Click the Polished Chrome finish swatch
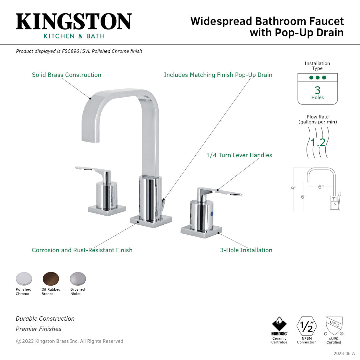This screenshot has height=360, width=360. click(24, 279)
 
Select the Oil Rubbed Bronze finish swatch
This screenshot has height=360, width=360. click(51, 279)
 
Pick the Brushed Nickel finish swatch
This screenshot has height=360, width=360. click(77, 279)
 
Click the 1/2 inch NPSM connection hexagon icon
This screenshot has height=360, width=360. click(307, 326)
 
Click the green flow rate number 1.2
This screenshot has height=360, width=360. click(318, 142)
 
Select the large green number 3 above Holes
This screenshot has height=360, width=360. click(317, 90)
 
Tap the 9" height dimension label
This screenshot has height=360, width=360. click(293, 188)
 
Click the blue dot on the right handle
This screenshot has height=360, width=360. click(212, 214)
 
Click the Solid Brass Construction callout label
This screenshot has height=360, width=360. click(67, 75)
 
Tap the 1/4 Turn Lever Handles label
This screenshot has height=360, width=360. click(239, 155)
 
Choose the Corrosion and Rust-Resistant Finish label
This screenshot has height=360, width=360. click(82, 250)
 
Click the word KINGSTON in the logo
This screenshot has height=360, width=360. click(74, 22)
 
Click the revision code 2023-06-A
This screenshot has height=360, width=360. click(344, 353)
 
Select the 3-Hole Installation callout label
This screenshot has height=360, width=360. click(246, 250)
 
